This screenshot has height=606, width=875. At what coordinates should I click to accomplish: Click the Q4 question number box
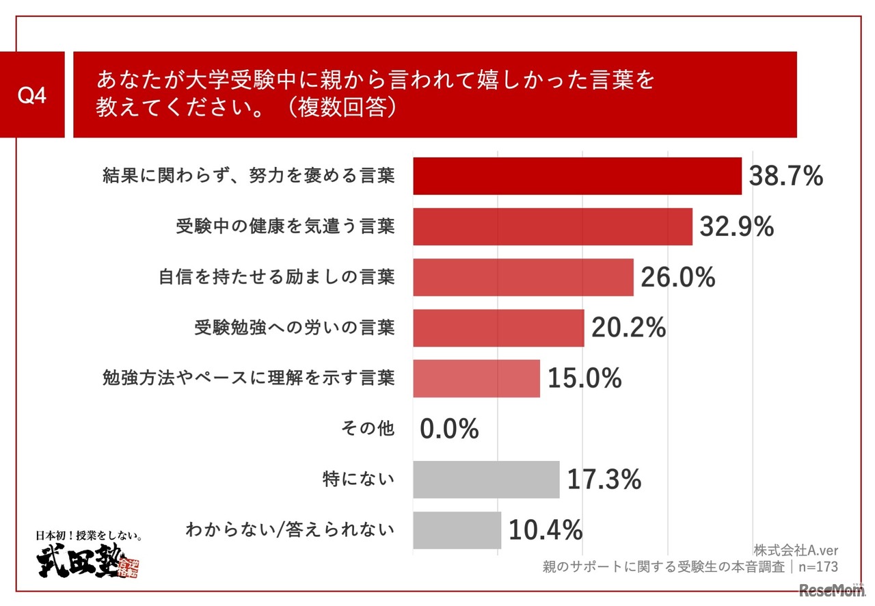tap(31, 95)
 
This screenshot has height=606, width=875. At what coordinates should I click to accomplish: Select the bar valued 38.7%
tap(577, 176)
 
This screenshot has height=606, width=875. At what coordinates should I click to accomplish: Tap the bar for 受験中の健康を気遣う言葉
tap(552, 226)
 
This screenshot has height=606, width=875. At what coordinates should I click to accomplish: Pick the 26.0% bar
tap(523, 277)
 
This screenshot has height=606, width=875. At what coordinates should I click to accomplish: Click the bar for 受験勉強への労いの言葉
tap(498, 328)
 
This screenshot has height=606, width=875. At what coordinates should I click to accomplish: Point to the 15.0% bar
tap(476, 378)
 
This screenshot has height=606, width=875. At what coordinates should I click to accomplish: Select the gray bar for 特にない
tap(486, 479)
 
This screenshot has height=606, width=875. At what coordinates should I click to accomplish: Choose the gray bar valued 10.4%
tap(457, 530)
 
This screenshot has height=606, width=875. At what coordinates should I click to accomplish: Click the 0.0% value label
tap(449, 430)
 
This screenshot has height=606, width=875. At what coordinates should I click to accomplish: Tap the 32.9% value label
tap(736, 226)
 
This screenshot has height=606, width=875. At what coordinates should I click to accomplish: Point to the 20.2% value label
tap(628, 328)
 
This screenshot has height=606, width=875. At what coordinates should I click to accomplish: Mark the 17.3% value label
tap(604, 479)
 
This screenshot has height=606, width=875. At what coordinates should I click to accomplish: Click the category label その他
tap(367, 429)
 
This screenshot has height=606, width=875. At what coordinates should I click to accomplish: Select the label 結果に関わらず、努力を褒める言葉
tap(248, 176)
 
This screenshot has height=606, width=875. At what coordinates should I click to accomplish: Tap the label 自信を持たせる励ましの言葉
tap(276, 277)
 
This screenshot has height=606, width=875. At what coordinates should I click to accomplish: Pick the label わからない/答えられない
tap(290, 530)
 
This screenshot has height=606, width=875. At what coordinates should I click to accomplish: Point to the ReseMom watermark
tap(831, 590)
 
